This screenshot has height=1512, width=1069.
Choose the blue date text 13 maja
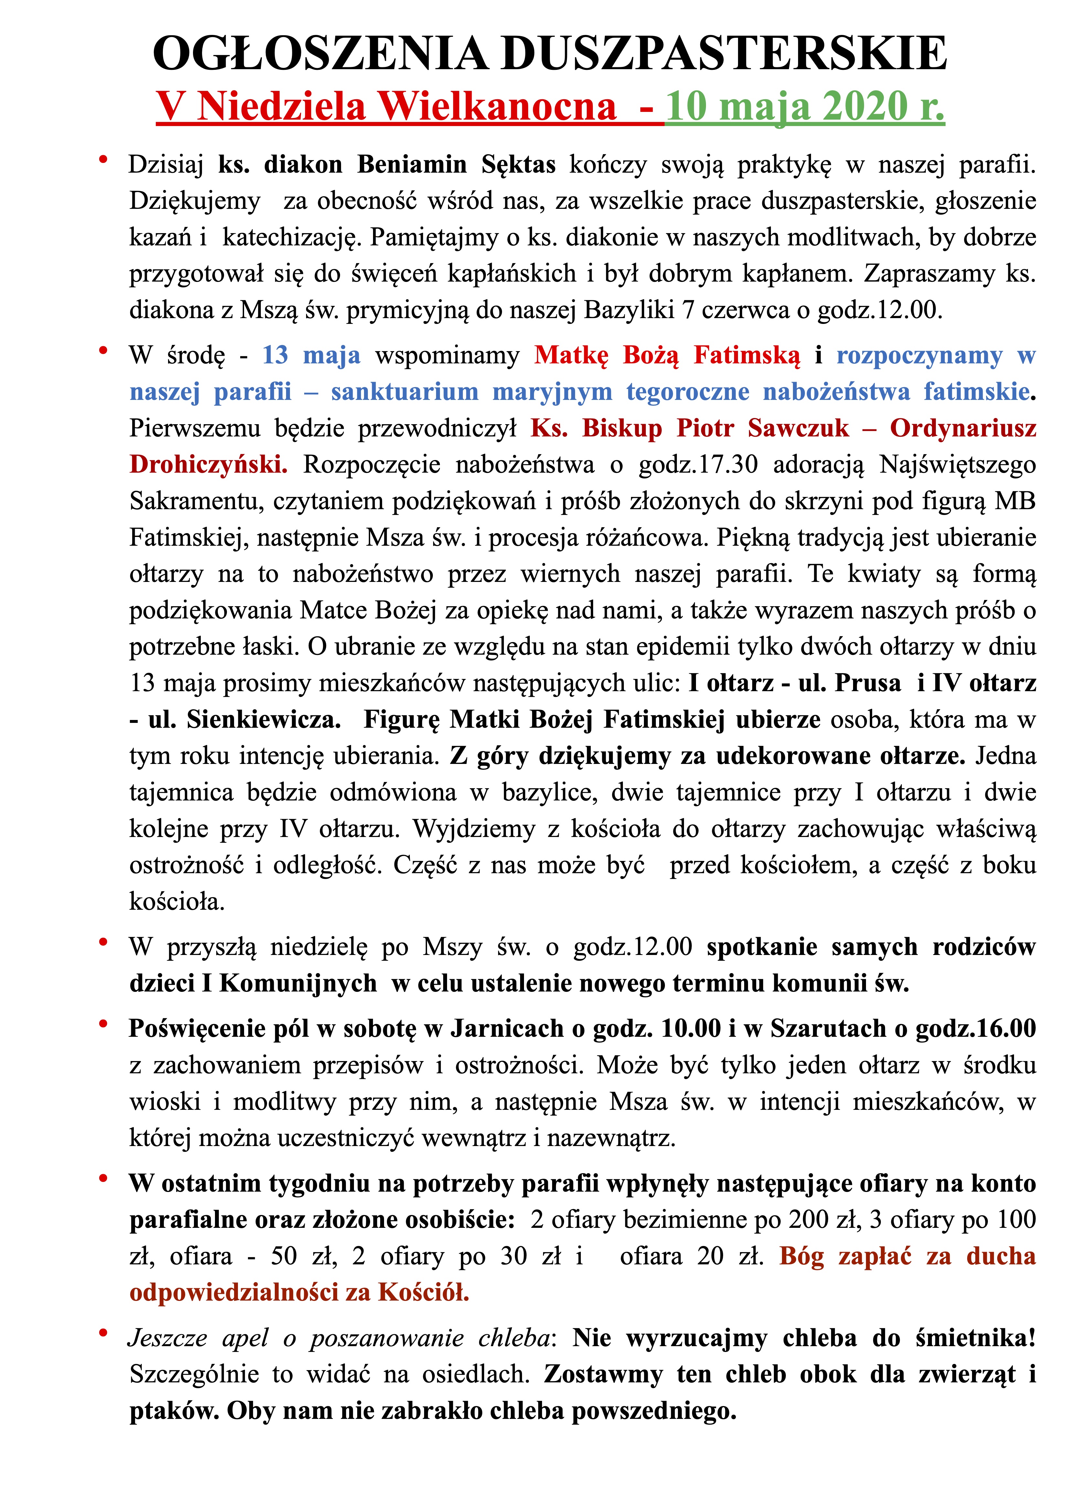click(x=311, y=356)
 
